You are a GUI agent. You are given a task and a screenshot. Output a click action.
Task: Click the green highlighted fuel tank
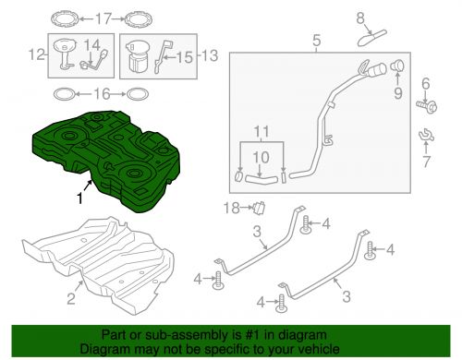coord(106,160)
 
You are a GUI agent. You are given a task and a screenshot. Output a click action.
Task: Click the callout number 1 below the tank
coord(79,198)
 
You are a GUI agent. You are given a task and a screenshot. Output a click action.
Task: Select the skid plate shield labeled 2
coord(98,265)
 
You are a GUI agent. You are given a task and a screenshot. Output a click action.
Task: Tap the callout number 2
coord(71,298)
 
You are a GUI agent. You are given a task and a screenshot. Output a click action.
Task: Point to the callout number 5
coord(316,41)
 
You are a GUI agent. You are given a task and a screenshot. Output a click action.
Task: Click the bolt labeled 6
coord(427,106)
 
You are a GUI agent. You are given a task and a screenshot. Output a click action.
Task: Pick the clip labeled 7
coord(426,135)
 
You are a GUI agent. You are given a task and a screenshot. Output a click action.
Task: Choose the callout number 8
coord(360,18)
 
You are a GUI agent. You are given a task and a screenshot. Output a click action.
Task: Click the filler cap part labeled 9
coord(397,66)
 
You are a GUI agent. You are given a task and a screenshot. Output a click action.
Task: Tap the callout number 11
coord(261,132)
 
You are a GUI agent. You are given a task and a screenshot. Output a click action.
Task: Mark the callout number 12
coord(37,54)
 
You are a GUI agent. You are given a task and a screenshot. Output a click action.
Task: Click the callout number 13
coord(210,55)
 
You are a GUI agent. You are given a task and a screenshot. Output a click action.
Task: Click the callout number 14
coord(92,45)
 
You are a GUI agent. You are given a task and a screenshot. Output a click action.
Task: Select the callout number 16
coord(102,94)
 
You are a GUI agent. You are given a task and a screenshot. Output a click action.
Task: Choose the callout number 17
coord(103,18)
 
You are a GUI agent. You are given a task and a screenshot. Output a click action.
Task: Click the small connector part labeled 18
coord(259,208)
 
